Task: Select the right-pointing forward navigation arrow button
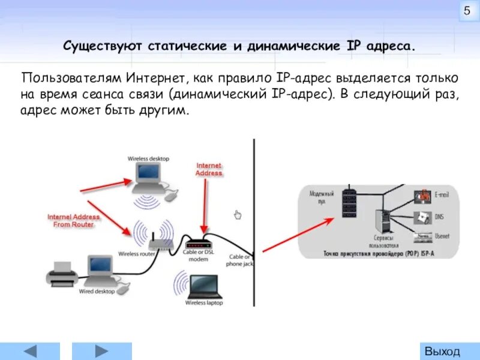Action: pyautogui.click(x=101, y=351)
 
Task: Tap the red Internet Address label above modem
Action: pyautogui.click(x=209, y=169)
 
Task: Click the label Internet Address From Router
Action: pyautogui.click(x=74, y=220)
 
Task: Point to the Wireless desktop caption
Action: pyautogui.click(x=148, y=158)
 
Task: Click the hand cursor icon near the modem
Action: pyautogui.click(x=238, y=215)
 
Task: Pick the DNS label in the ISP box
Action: pyautogui.click(x=439, y=216)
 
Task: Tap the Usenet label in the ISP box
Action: pyautogui.click(x=442, y=236)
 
